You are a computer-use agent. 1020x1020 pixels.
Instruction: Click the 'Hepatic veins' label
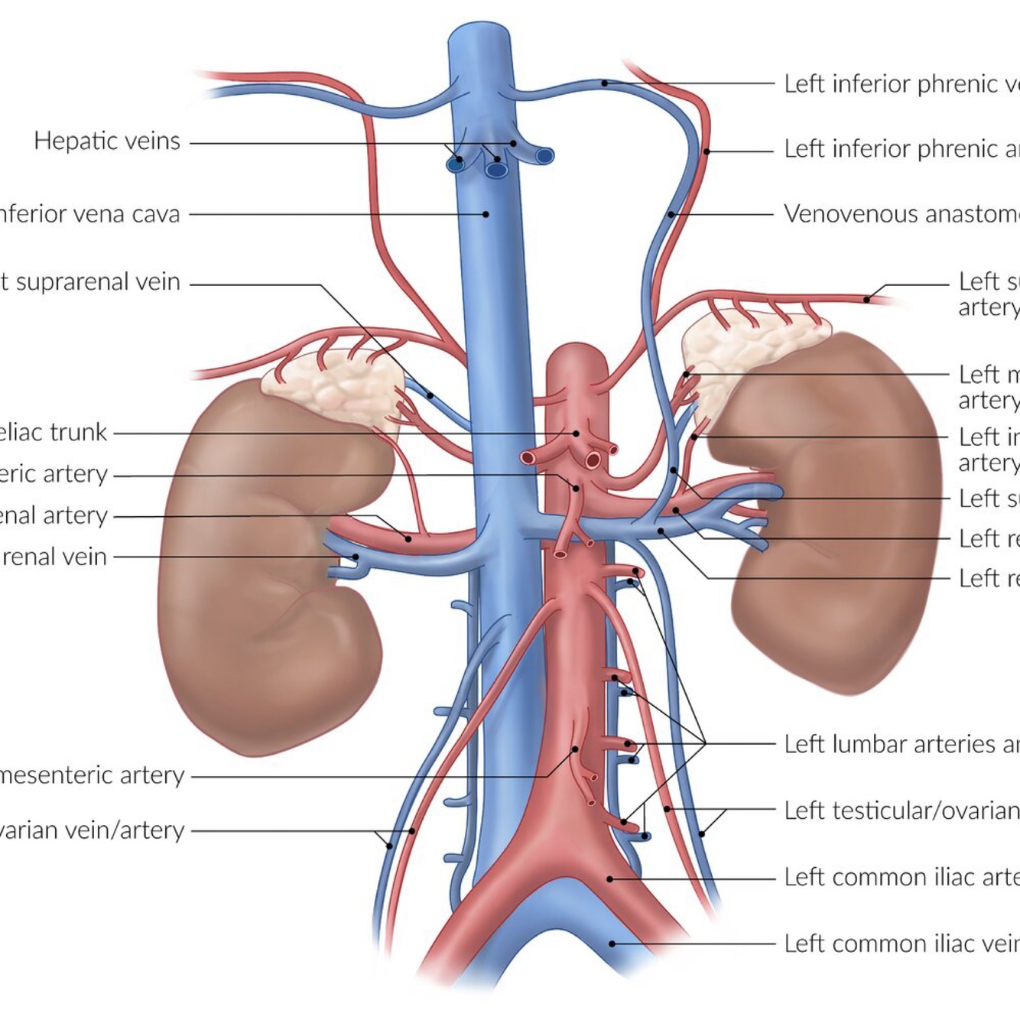click(107, 141)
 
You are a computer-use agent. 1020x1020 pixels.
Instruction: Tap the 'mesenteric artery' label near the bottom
click(92, 775)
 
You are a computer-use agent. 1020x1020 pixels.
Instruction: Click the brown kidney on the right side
click(826, 520)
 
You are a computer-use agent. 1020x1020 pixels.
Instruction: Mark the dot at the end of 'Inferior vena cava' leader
click(486, 214)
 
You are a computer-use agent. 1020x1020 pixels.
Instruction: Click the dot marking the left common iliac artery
click(609, 879)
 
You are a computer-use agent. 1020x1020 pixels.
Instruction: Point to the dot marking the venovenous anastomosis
click(671, 215)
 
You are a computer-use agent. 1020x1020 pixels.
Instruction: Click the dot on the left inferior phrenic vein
click(604, 83)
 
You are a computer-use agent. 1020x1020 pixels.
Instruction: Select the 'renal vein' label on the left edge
click(54, 557)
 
